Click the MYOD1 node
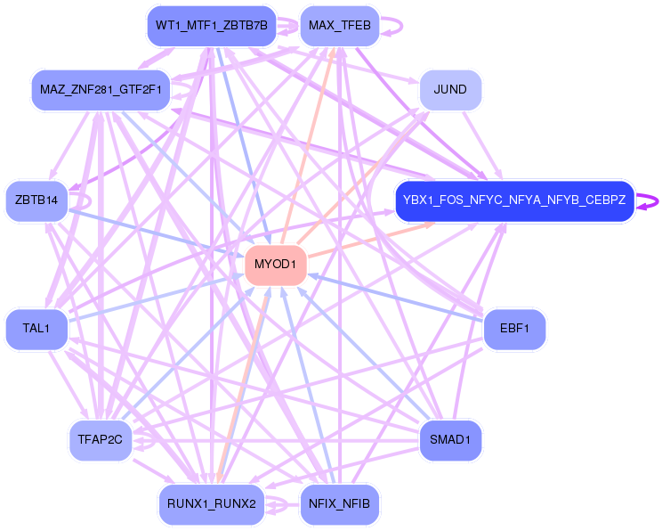pyautogui.click(x=276, y=265)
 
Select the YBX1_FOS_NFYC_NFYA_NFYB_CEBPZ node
pyautogui.click(x=514, y=200)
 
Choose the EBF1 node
pyautogui.click(x=514, y=330)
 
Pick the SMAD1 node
pyautogui.click(x=450, y=440)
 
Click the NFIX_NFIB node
pyautogui.click(x=340, y=504)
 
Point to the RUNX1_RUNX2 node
pyautogui.click(x=211, y=504)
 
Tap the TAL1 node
pyautogui.click(x=36, y=330)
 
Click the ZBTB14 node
pyautogui.click(x=36, y=200)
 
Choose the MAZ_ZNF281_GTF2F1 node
pyautogui.click(x=101, y=90)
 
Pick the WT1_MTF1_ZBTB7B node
pyautogui.click(x=211, y=26)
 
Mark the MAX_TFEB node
pyautogui.click(x=340, y=26)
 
